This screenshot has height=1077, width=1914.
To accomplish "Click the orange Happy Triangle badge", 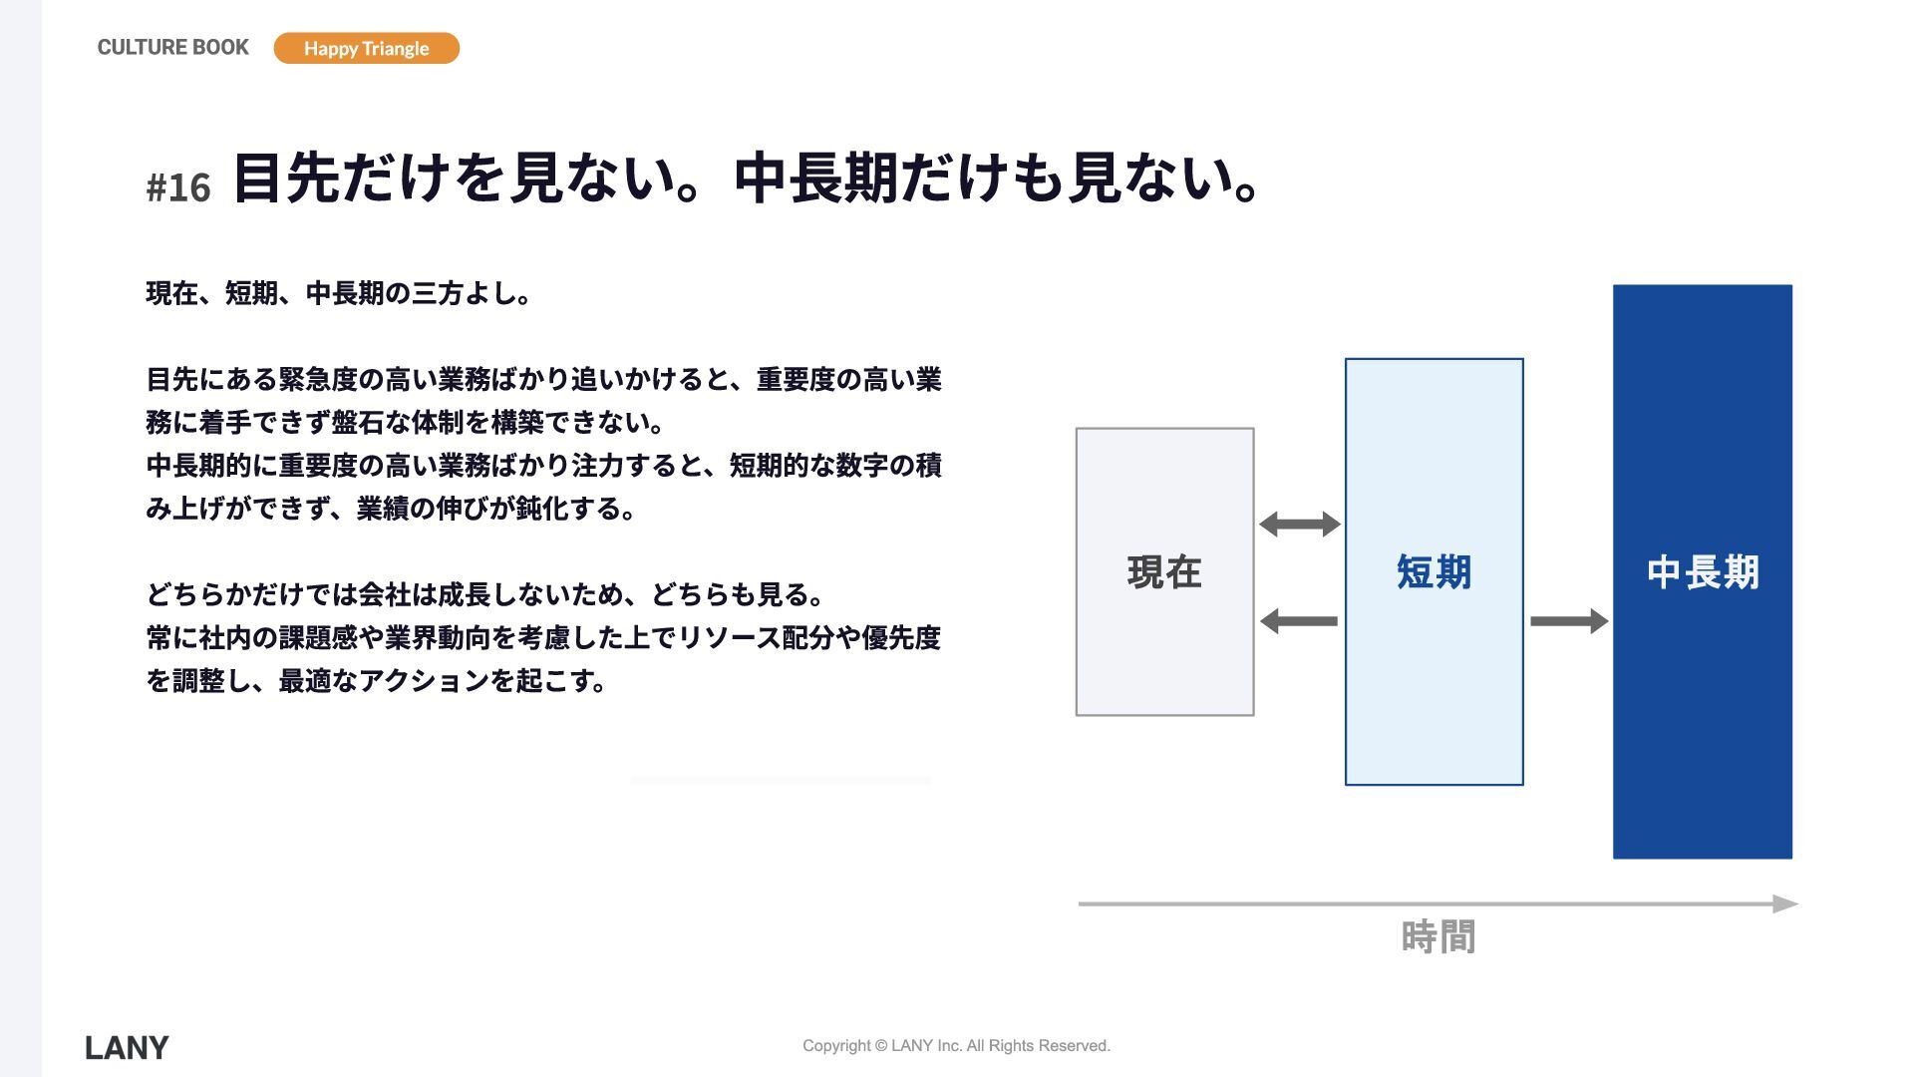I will [366, 48].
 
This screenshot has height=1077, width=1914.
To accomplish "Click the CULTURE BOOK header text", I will [172, 47].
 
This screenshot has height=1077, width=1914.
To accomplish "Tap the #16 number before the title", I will [178, 187].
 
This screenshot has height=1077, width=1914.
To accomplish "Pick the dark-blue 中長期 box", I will [1702, 718].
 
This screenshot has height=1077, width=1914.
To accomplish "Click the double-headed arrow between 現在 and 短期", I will [1299, 524].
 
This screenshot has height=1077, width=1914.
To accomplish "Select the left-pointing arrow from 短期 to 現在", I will [1299, 621].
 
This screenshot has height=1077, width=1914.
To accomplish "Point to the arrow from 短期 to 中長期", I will [1568, 621].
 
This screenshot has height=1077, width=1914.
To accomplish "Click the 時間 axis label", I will [1437, 937].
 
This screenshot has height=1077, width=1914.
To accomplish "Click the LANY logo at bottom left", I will [127, 1047].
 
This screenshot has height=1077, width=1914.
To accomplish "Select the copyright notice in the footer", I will [956, 1045].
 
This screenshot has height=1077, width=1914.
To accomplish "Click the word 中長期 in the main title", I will [816, 179].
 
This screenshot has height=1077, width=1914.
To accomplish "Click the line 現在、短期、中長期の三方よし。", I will [339, 293].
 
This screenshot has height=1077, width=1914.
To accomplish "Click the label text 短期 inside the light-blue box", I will [1434, 572].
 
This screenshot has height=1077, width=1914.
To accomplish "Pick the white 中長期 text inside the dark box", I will [1702, 572].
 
